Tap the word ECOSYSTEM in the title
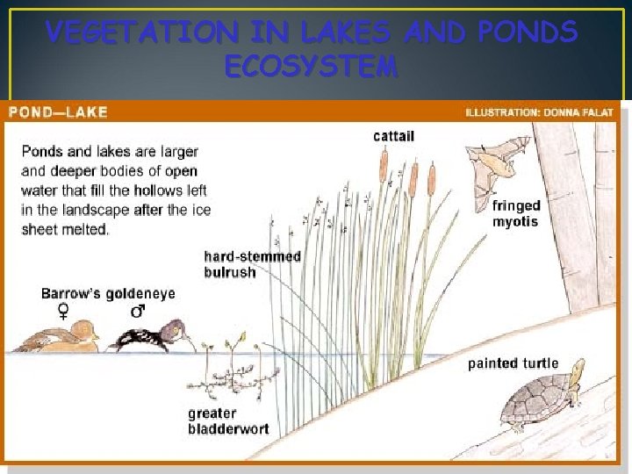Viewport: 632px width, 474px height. tap(311, 67)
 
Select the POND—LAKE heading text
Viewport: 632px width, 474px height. tap(59, 112)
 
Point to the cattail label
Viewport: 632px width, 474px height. tap(394, 135)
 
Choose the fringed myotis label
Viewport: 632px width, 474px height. tap(516, 213)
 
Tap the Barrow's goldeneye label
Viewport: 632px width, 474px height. tap(108, 293)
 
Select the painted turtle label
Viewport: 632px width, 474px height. tap(513, 363)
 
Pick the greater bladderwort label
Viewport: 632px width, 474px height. tap(228, 421)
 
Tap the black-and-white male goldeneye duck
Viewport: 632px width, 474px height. tap(145, 337)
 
